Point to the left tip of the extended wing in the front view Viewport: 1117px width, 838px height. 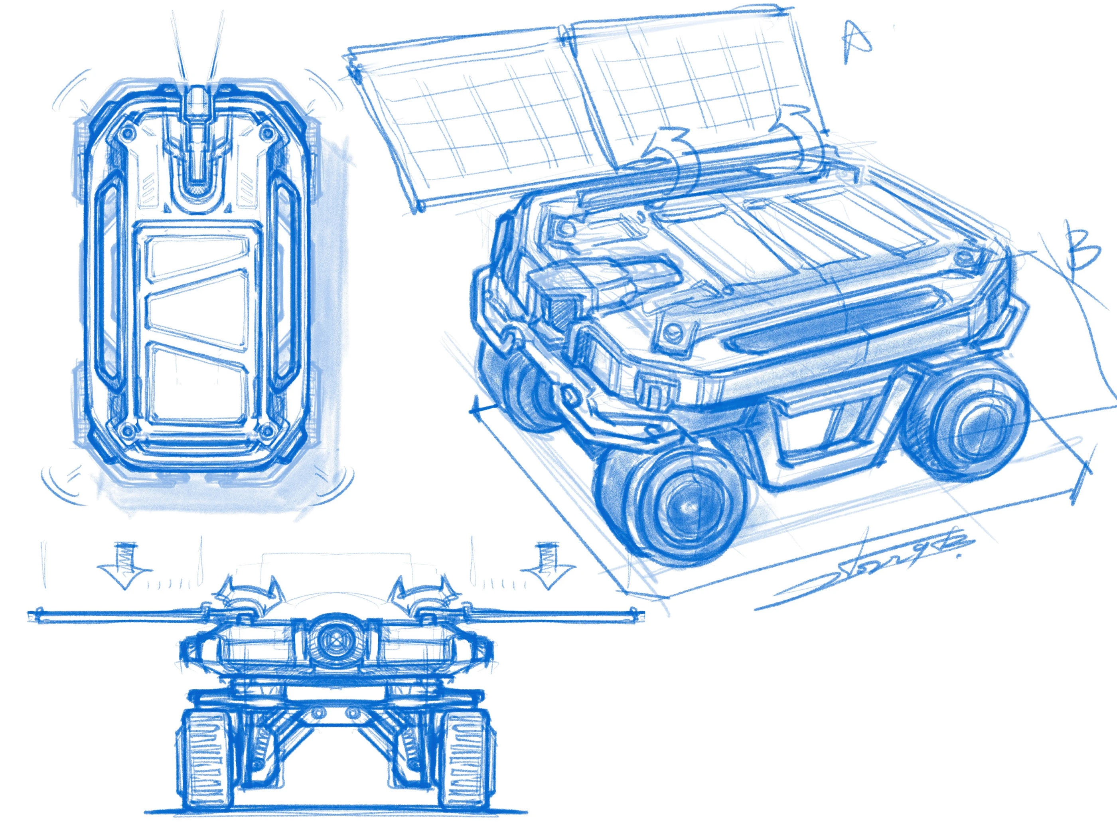pyautogui.click(x=31, y=615)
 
